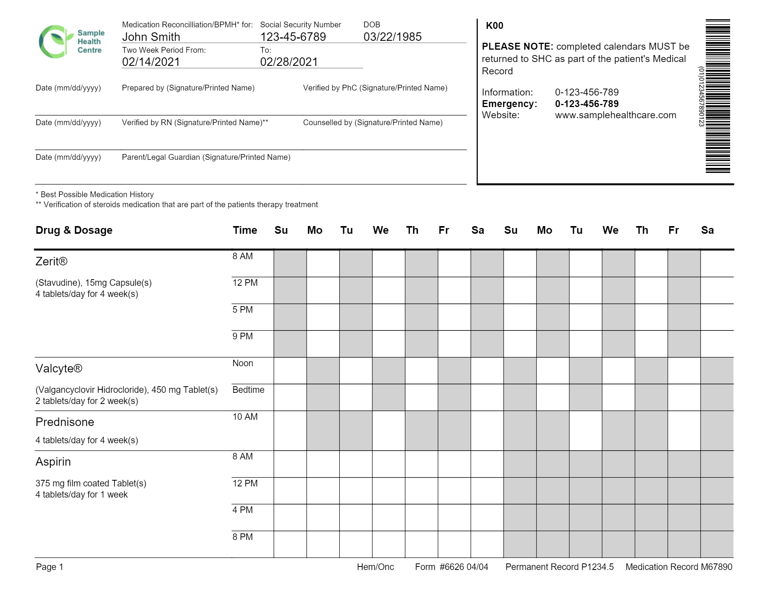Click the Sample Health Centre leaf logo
click(x=56, y=42)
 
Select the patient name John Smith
click(x=151, y=37)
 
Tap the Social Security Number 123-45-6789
click(x=293, y=37)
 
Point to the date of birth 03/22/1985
click(x=392, y=37)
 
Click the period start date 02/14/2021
click(x=151, y=62)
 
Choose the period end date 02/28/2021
click(x=289, y=62)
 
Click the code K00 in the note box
click(x=494, y=26)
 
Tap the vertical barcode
click(x=717, y=96)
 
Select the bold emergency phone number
click(x=587, y=104)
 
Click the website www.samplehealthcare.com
click(x=616, y=115)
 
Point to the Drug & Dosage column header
click(x=74, y=230)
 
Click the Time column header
click(x=245, y=230)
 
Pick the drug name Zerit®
click(x=52, y=261)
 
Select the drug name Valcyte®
click(x=59, y=369)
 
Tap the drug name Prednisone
click(x=65, y=422)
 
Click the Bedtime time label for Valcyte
click(x=248, y=390)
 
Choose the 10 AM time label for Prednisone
click(x=245, y=417)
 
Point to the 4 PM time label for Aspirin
click(x=242, y=510)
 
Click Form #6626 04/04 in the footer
click(x=451, y=567)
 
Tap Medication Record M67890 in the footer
click(x=679, y=567)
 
